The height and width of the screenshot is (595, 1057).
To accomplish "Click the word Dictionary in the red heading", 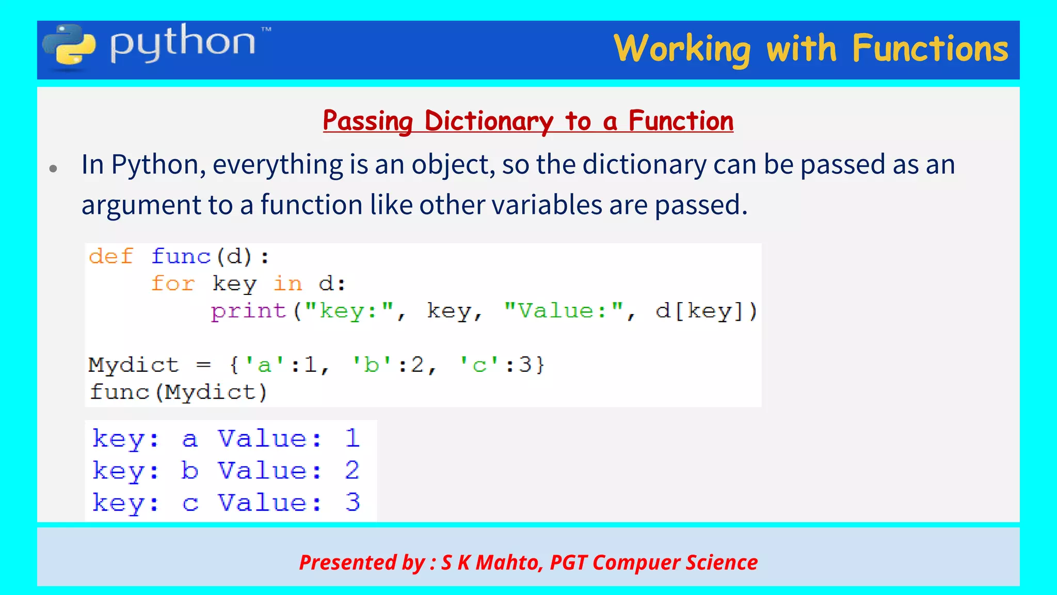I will (488, 121).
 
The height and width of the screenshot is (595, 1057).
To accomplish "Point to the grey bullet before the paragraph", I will (53, 168).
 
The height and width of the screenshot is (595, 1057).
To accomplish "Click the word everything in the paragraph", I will (278, 165).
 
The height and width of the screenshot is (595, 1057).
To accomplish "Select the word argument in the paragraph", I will (141, 206).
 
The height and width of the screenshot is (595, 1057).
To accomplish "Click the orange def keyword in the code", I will (111, 256).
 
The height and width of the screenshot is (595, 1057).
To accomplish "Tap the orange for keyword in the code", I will (173, 284).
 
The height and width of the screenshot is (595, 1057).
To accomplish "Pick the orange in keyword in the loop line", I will (287, 284).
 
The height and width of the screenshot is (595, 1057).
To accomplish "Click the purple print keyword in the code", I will (248, 311).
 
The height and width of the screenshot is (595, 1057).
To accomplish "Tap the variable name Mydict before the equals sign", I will (133, 365).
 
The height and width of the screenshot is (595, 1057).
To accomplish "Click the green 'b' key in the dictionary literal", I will (371, 365).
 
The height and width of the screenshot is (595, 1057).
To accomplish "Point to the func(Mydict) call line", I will (178, 392).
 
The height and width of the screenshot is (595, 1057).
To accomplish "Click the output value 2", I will (352, 471).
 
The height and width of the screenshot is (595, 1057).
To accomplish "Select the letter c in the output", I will (190, 503).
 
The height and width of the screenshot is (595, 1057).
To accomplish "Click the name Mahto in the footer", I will (507, 562).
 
